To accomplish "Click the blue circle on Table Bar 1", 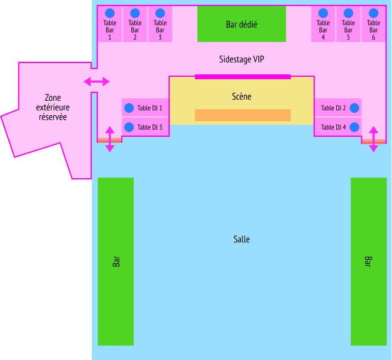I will [110, 13].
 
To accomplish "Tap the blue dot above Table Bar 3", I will [160, 13].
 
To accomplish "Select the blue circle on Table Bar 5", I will [348, 13].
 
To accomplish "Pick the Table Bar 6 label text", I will [373, 30].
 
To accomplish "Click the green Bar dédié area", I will [242, 24].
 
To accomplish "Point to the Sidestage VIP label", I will [242, 59].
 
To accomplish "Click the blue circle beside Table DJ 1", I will [129, 108].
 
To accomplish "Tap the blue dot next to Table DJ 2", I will [354, 108].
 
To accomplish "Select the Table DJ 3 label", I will [150, 127].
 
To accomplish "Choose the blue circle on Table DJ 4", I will [354, 127].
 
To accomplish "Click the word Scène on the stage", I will [242, 97].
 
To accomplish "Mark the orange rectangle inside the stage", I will [243, 115].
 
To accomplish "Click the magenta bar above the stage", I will [243, 77].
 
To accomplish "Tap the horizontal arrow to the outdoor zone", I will [97, 82].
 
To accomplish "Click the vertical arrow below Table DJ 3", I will [110, 139].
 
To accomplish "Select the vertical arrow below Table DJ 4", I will [373, 139].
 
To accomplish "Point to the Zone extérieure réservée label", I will [53, 107].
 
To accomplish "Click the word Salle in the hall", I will [242, 239].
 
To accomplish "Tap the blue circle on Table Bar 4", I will [323, 13].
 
